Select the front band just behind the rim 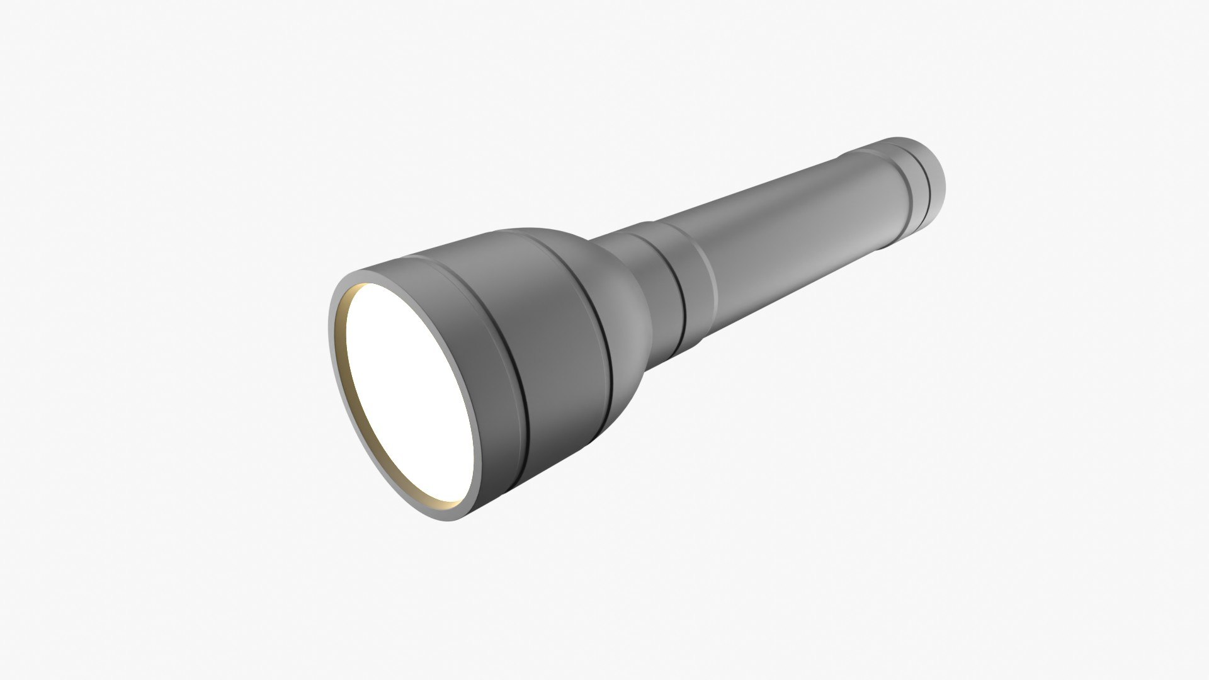(x=488, y=353)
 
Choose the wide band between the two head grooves (x=560, y=340)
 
